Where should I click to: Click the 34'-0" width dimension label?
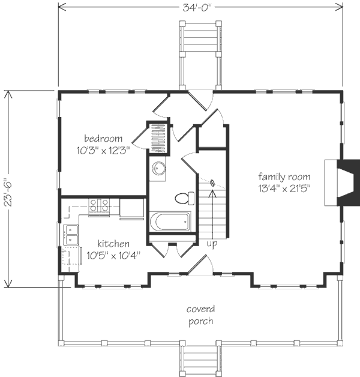click(x=197, y=8)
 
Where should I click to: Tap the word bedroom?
click(x=103, y=139)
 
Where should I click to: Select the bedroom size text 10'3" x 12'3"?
click(x=103, y=151)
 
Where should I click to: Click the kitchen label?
click(x=113, y=244)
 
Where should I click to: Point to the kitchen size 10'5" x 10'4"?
click(x=113, y=255)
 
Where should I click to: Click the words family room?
click(x=284, y=177)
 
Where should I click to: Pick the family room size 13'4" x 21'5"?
click(x=284, y=188)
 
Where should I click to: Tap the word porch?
click(x=200, y=321)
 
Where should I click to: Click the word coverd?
click(x=200, y=309)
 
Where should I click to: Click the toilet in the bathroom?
click(x=185, y=198)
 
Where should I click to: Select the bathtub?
click(x=170, y=222)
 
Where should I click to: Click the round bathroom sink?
click(x=158, y=168)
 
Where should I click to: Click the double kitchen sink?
click(x=71, y=235)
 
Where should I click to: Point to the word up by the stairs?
click(x=212, y=244)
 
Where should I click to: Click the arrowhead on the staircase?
click(x=212, y=193)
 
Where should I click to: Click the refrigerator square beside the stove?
click(x=131, y=208)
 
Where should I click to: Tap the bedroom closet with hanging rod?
click(x=158, y=137)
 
